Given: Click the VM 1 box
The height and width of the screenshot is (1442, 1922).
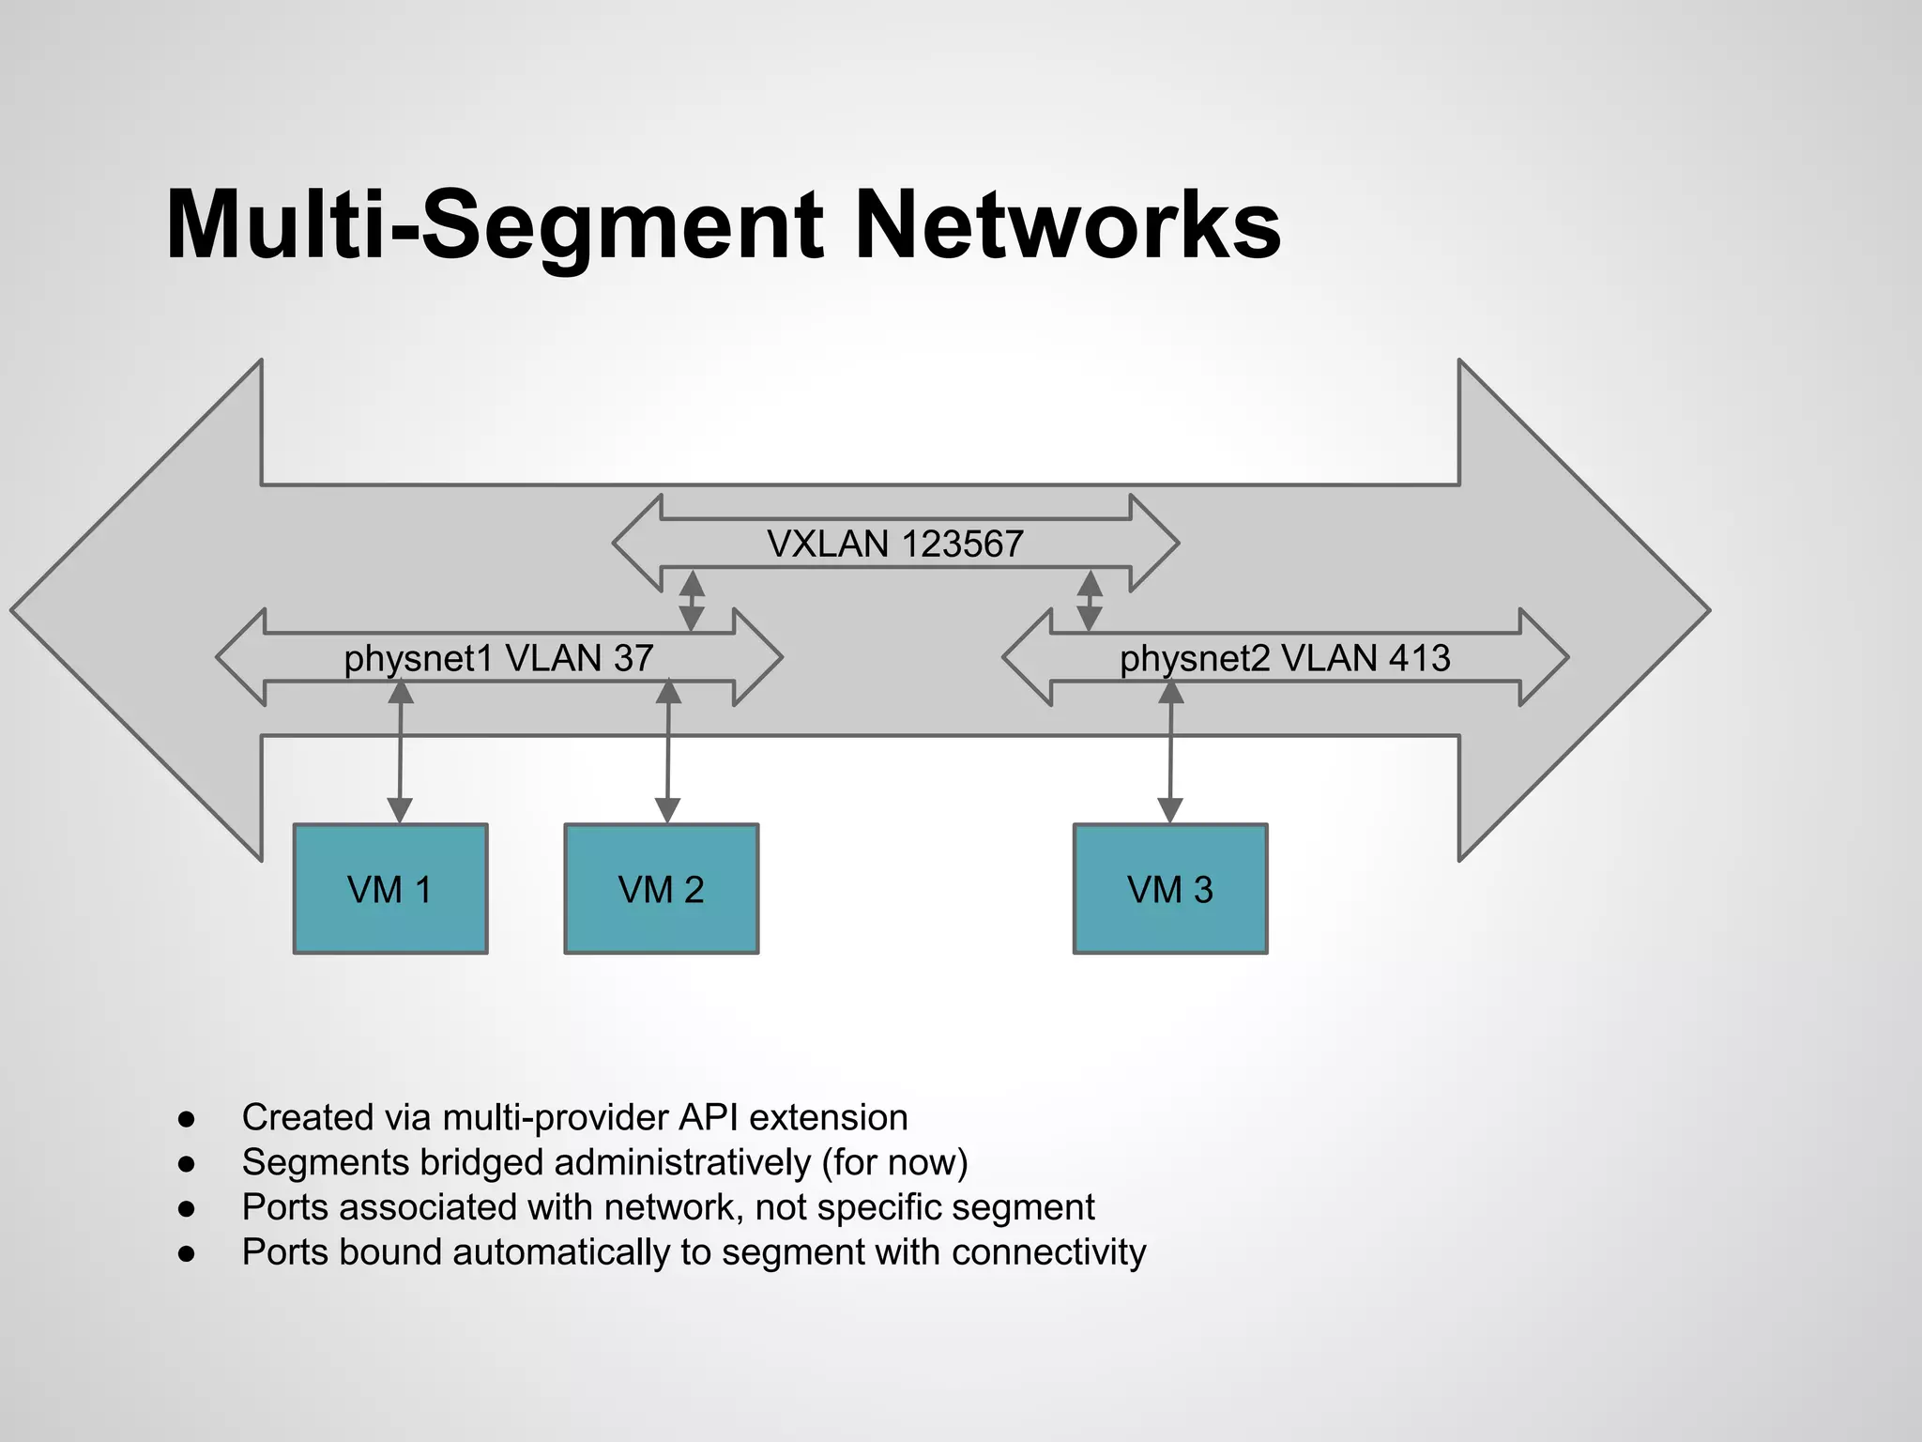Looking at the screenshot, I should [x=390, y=888].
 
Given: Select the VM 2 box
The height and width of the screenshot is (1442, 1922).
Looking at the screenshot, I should [x=661, y=888].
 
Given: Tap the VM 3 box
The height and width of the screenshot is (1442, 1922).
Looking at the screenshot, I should [x=1170, y=888].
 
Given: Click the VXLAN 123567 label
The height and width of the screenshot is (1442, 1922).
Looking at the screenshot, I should [x=894, y=545].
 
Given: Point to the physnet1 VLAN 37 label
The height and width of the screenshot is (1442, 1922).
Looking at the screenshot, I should [x=498, y=658].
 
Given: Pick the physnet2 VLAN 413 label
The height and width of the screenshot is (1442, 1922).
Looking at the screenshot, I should [x=1285, y=658].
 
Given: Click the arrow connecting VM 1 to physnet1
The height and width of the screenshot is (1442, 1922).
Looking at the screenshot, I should [x=401, y=751].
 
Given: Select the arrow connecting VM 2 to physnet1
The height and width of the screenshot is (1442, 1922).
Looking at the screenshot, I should [x=667, y=751].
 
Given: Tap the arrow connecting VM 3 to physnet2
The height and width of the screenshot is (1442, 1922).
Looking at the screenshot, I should [x=1170, y=751].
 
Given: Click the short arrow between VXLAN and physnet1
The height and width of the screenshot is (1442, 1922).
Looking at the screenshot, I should [x=692, y=601].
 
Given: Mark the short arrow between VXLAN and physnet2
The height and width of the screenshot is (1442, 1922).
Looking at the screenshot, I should [x=1090, y=601].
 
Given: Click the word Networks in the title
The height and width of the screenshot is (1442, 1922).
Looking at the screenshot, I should [x=1068, y=225].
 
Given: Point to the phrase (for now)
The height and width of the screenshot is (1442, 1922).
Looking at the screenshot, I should [x=894, y=1162].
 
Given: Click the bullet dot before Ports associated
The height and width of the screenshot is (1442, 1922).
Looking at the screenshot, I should [x=187, y=1209].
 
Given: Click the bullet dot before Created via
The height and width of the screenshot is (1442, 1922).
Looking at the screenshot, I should [x=187, y=1119].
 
